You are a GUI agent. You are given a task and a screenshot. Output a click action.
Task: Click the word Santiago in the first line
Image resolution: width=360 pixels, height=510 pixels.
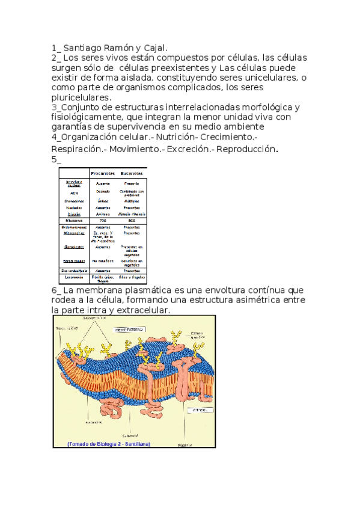click(x=85, y=48)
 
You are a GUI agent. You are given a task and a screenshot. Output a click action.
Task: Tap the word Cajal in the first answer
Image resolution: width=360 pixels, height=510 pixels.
click(x=156, y=48)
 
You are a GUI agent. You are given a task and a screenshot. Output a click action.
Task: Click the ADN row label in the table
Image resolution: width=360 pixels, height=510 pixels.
click(x=74, y=193)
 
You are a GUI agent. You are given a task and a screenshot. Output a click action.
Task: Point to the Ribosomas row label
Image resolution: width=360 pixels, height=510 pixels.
click(x=74, y=221)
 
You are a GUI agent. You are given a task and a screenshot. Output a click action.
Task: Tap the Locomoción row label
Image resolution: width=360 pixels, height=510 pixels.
click(x=74, y=278)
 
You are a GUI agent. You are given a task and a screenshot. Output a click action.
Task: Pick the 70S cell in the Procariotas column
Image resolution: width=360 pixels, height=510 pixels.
click(x=103, y=221)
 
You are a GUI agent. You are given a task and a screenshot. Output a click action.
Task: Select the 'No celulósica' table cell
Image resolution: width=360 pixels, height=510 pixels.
click(x=103, y=261)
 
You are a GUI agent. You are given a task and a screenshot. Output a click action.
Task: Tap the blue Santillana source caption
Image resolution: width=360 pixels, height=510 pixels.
click(x=102, y=444)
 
